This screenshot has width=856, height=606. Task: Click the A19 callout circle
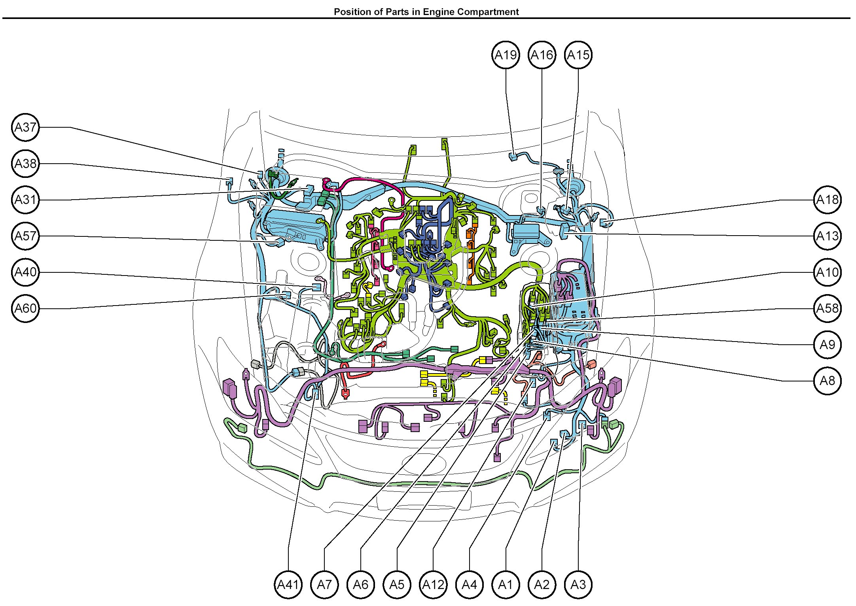click(506, 55)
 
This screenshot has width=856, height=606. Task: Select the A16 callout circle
click(542, 55)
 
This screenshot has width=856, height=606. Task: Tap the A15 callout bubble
click(578, 55)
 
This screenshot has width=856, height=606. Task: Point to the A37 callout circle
click(26, 127)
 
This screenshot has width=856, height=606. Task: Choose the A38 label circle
click(26, 164)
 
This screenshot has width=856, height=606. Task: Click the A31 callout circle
click(26, 200)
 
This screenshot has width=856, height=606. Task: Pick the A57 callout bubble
click(26, 236)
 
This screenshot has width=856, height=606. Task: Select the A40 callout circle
click(26, 272)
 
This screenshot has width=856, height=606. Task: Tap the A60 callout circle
click(26, 308)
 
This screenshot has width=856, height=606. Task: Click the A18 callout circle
click(828, 200)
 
